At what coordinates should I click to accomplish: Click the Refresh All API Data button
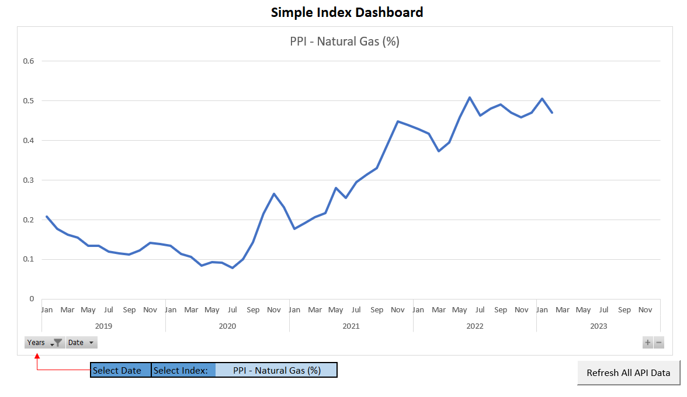[629, 372]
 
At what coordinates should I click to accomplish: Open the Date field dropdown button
[81, 343]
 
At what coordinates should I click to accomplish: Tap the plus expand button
[647, 343]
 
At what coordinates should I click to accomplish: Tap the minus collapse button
[659, 343]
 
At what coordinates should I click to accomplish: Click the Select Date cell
[120, 370]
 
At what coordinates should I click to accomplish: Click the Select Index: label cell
[183, 370]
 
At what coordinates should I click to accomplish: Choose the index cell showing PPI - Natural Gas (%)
[276, 370]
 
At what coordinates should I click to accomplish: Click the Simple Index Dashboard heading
[347, 12]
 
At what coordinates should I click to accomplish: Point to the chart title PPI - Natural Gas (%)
[345, 41]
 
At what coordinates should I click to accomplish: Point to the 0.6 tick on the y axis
[29, 61]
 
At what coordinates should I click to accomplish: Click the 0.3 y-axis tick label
[29, 180]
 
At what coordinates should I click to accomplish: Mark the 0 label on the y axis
[32, 299]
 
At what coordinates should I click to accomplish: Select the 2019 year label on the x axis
[103, 326]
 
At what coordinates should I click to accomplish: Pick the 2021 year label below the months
[351, 326]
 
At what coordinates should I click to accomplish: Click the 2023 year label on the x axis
[599, 326]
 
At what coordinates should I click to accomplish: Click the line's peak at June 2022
[470, 97]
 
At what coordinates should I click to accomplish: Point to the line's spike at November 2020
[274, 194]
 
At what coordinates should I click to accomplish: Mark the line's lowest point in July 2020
[233, 267]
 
